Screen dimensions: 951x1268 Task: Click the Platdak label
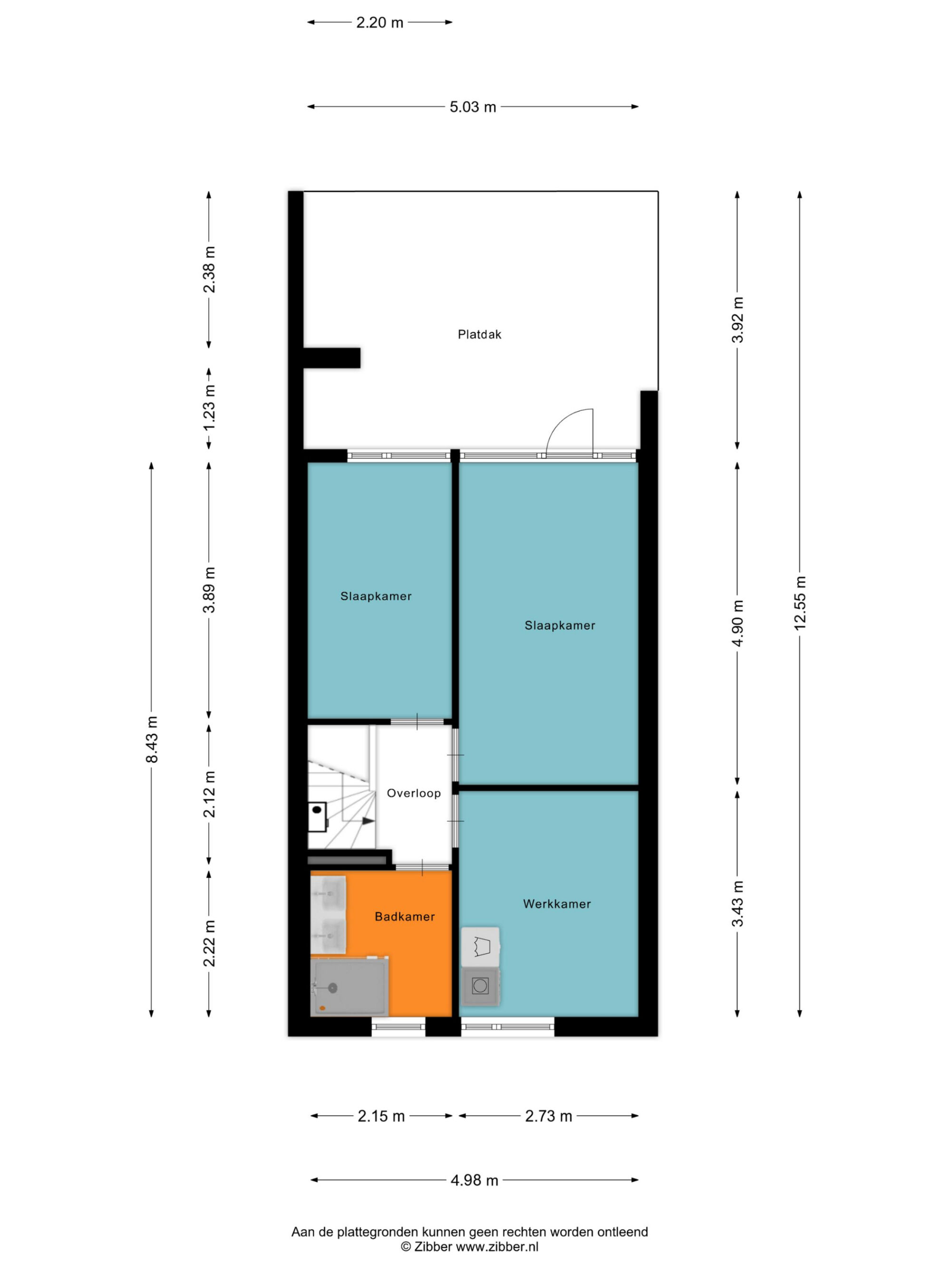[479, 334]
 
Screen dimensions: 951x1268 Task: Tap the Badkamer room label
[405, 917]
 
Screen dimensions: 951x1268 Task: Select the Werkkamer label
[557, 904]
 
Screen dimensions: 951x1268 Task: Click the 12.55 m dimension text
[800, 603]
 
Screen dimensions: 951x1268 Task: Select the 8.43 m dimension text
[151, 739]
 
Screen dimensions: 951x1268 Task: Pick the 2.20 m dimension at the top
[380, 23]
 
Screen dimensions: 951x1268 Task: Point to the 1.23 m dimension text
[209, 407]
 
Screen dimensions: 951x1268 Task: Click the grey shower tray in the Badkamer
[349, 987]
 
